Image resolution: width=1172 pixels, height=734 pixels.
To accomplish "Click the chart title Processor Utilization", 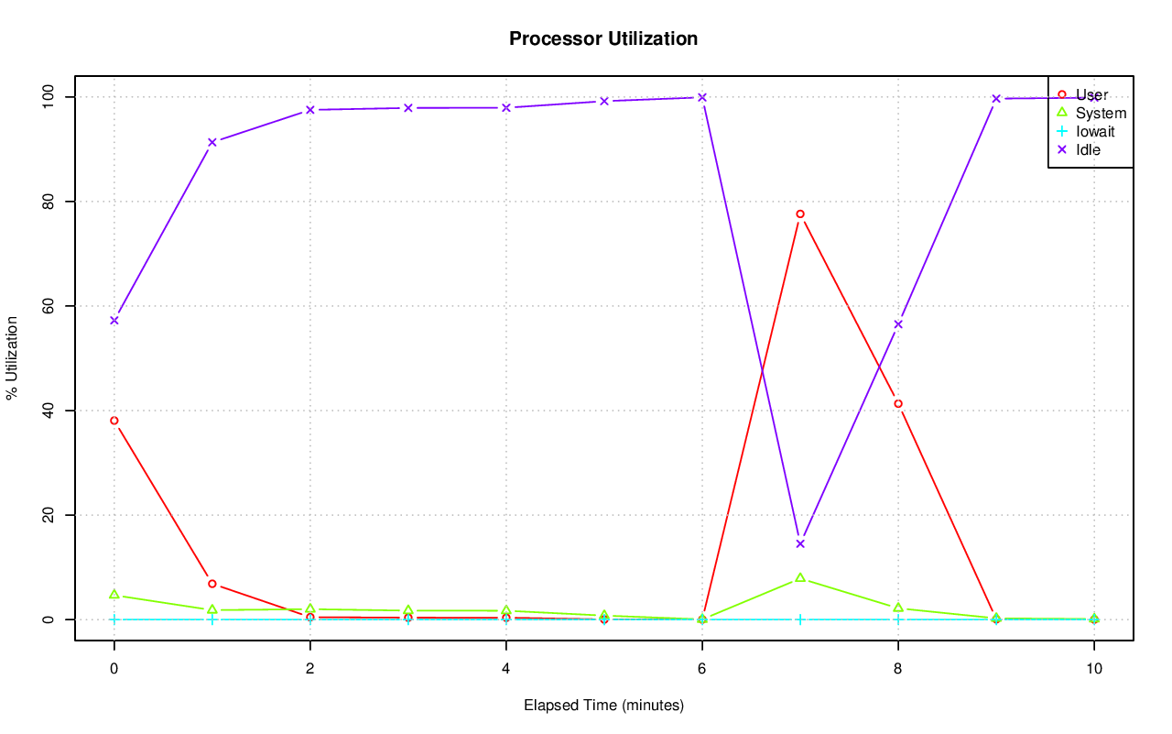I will point(603,39).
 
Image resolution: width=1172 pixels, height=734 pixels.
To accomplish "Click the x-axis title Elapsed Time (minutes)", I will point(603,706).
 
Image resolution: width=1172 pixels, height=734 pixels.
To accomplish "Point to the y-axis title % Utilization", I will point(12,357).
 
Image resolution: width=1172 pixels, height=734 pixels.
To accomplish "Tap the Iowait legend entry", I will point(1095,131).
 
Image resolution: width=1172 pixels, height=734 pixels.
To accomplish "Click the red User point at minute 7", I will point(800,214).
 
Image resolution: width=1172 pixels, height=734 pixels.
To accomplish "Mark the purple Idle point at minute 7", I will point(800,544).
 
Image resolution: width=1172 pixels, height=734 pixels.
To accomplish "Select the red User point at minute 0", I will point(114,421).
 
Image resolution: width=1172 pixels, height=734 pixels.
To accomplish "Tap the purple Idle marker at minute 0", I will point(114,321).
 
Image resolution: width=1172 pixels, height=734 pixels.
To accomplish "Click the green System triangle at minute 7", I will point(800,578).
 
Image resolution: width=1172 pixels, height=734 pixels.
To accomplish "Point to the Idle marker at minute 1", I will point(212,142).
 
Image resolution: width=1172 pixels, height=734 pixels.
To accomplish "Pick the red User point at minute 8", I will point(898,404).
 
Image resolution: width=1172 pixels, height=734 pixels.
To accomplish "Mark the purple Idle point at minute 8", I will point(898,324).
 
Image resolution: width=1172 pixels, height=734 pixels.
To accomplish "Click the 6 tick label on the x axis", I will point(702,669).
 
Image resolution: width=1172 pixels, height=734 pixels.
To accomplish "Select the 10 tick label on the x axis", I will point(1093,669).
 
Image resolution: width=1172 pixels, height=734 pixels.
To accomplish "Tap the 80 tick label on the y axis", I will point(48,202).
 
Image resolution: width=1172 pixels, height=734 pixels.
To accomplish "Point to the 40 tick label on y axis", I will point(48,411).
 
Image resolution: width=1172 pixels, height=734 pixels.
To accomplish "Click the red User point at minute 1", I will point(212,584).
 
